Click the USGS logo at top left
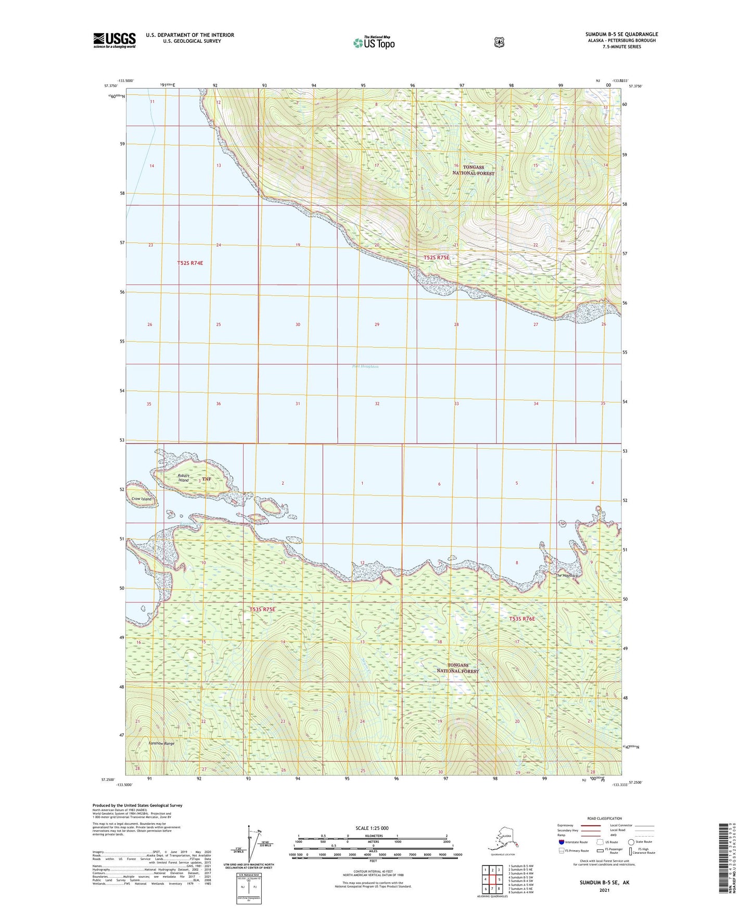(x=114, y=40)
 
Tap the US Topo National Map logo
(x=373, y=42)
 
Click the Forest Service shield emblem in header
(x=499, y=42)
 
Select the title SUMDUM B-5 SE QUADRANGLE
(x=621, y=34)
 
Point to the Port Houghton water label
(x=365, y=367)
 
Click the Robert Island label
(x=183, y=478)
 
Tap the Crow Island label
(x=142, y=499)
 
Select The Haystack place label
(x=566, y=575)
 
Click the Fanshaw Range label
(x=161, y=743)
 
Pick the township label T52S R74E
(x=189, y=263)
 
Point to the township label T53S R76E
(x=522, y=619)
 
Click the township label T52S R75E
(x=436, y=258)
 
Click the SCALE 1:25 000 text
(x=372, y=828)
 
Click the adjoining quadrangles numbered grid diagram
(x=492, y=879)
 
